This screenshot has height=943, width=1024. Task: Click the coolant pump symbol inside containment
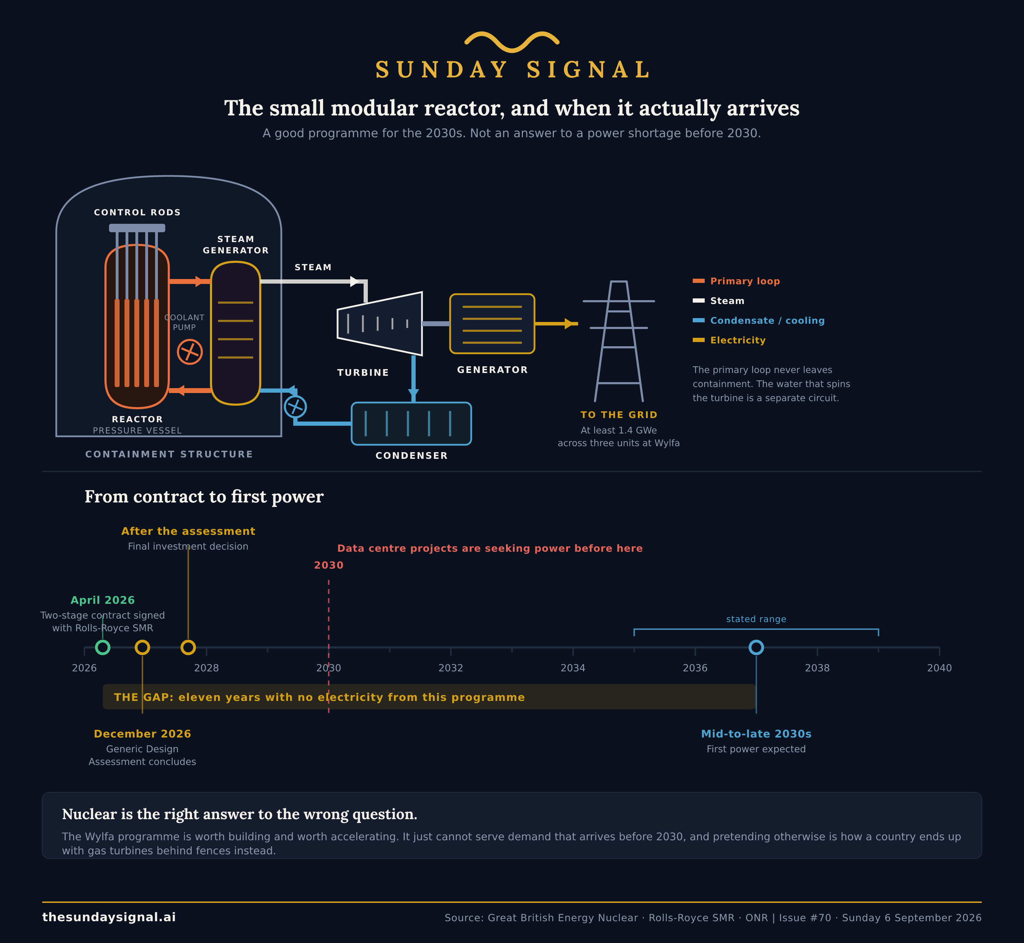pyautogui.click(x=190, y=352)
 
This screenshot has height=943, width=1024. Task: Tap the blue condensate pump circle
pyautogui.click(x=295, y=407)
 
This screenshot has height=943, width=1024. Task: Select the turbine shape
pyautogui.click(x=380, y=323)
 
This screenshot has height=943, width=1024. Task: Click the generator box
pyautogui.click(x=492, y=323)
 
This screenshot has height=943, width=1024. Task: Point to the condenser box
pyautogui.click(x=411, y=424)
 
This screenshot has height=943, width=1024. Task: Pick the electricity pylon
pyautogui.click(x=619, y=341)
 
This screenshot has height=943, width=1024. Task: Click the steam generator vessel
pyautogui.click(x=236, y=333)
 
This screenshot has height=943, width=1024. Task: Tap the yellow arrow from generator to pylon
pyautogui.click(x=556, y=323)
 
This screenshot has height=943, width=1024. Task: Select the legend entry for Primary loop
pyautogui.click(x=736, y=281)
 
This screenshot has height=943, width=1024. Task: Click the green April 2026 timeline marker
pyautogui.click(x=102, y=647)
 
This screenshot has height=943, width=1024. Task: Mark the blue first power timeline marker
pyautogui.click(x=756, y=647)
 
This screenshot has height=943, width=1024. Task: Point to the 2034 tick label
pyautogui.click(x=573, y=668)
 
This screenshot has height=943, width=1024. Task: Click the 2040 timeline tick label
pyautogui.click(x=939, y=668)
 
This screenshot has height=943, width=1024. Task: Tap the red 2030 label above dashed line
pyautogui.click(x=328, y=565)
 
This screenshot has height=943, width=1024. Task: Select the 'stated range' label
pyautogui.click(x=756, y=619)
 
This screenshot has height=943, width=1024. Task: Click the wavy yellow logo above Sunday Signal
pyautogui.click(x=512, y=42)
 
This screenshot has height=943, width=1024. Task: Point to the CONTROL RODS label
pyautogui.click(x=137, y=212)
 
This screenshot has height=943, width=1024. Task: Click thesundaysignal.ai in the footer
pyautogui.click(x=109, y=917)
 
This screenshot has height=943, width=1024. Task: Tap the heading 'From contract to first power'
pyautogui.click(x=204, y=496)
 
